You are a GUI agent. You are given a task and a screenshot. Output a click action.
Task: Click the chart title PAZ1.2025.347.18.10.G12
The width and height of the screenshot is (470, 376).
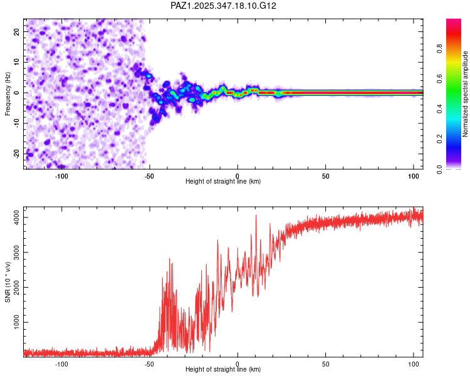click(224, 6)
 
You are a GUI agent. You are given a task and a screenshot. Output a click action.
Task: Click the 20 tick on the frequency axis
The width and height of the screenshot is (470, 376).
click(17, 31)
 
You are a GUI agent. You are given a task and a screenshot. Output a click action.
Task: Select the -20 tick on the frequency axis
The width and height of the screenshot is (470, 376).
click(16, 154)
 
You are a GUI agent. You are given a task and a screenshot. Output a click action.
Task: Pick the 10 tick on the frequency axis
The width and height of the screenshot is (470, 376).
click(17, 62)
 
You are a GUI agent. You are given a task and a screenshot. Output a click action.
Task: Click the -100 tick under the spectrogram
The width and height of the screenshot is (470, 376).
click(61, 175)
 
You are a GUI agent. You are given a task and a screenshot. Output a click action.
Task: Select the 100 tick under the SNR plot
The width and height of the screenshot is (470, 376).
click(414, 364)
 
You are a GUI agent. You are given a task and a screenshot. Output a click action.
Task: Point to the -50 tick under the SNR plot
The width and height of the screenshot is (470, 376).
click(149, 364)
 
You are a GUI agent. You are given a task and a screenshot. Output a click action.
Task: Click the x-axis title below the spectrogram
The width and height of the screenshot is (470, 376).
click(223, 182)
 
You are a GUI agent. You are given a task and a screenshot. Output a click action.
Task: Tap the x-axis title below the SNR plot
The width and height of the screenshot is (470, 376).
click(223, 370)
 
